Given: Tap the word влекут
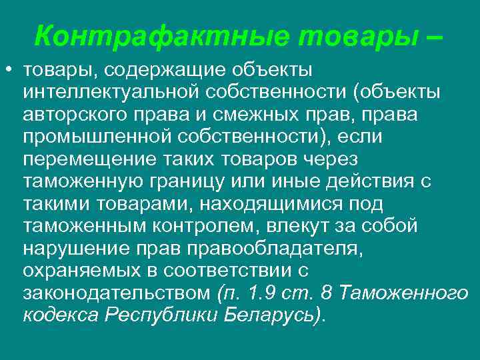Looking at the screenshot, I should [x=303, y=226].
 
